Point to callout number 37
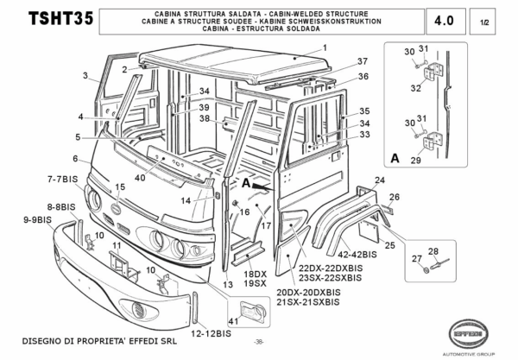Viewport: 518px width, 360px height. point(338,61)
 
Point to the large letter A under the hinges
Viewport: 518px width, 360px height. point(394,157)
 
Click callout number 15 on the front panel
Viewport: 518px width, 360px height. point(120,187)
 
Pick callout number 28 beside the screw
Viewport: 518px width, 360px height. point(433,251)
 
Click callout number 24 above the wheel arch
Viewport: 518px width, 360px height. point(377,180)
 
